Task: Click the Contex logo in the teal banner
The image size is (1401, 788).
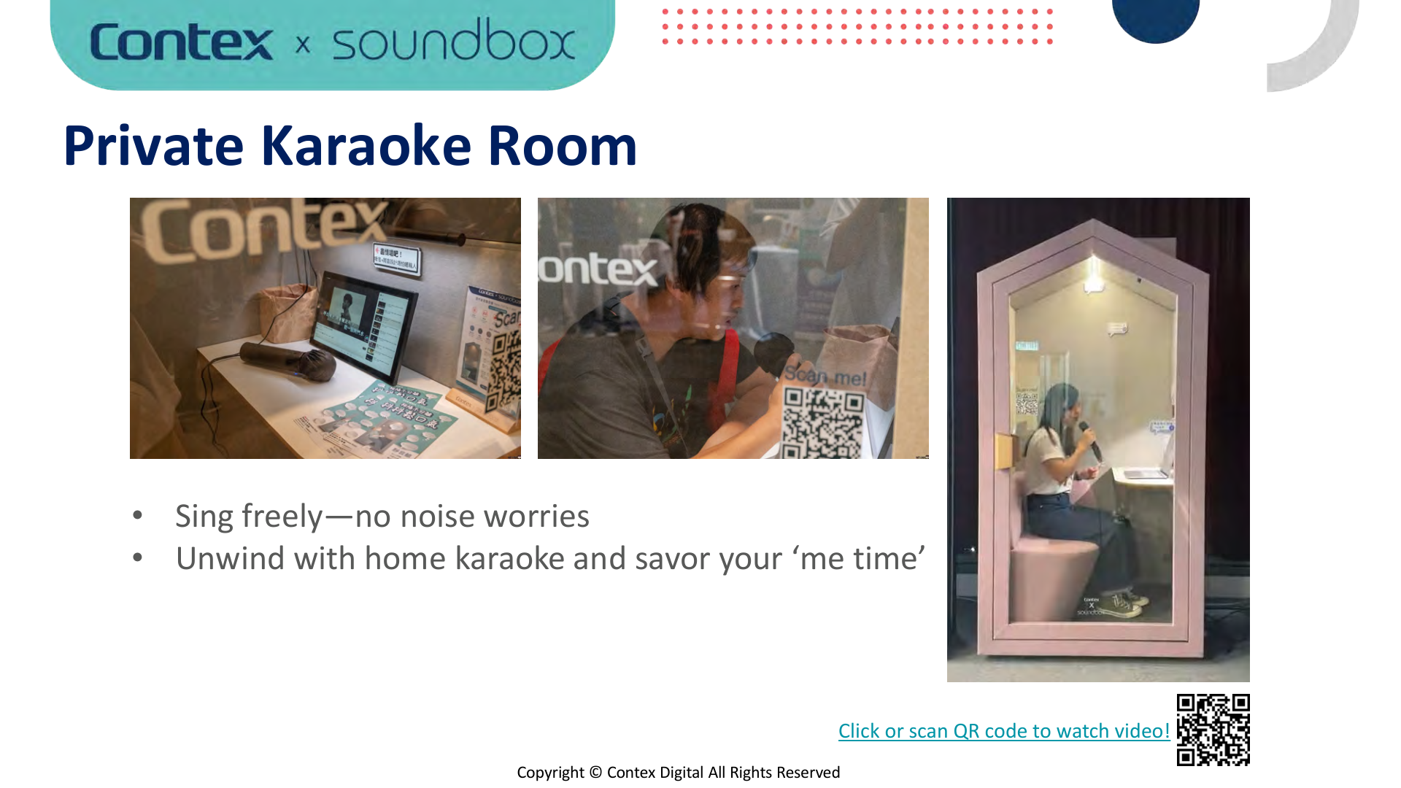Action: click(181, 42)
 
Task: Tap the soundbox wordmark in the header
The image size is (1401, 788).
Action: click(453, 41)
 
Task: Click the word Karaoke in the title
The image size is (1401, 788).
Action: click(366, 146)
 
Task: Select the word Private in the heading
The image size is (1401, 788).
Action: click(153, 146)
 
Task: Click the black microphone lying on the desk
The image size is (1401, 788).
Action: click(288, 360)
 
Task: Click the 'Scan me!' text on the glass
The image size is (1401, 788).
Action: click(825, 376)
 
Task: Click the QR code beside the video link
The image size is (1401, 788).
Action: click(1213, 730)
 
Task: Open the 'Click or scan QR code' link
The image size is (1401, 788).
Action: click(1003, 731)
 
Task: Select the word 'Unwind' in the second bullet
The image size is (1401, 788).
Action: click(230, 559)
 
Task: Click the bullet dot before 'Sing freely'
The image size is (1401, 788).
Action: click(138, 516)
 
